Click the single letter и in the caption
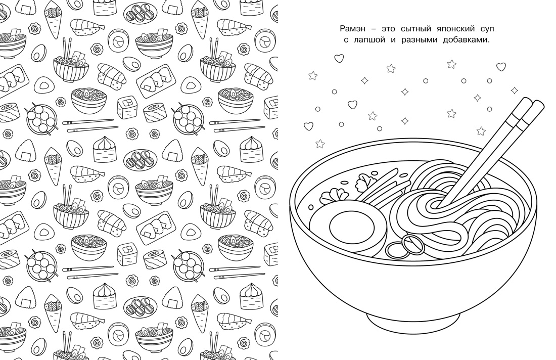pos(393,40)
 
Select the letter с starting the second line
pos(346,40)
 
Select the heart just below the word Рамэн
pos(339,58)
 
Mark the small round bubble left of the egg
pos(311,207)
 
